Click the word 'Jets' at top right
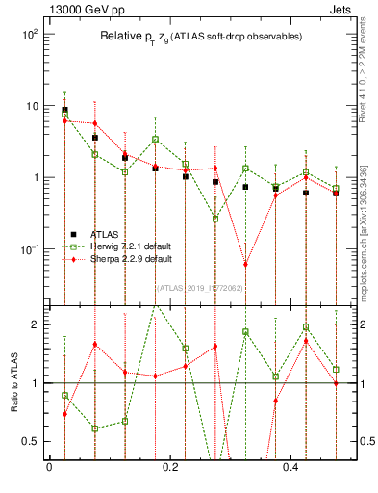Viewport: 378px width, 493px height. [x=353, y=9]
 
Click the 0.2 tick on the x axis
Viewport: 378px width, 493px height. [x=170, y=468]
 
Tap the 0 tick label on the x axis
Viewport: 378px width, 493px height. [x=49, y=468]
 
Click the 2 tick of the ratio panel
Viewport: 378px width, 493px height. [x=35, y=324]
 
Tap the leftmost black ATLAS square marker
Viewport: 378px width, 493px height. [x=64, y=110]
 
